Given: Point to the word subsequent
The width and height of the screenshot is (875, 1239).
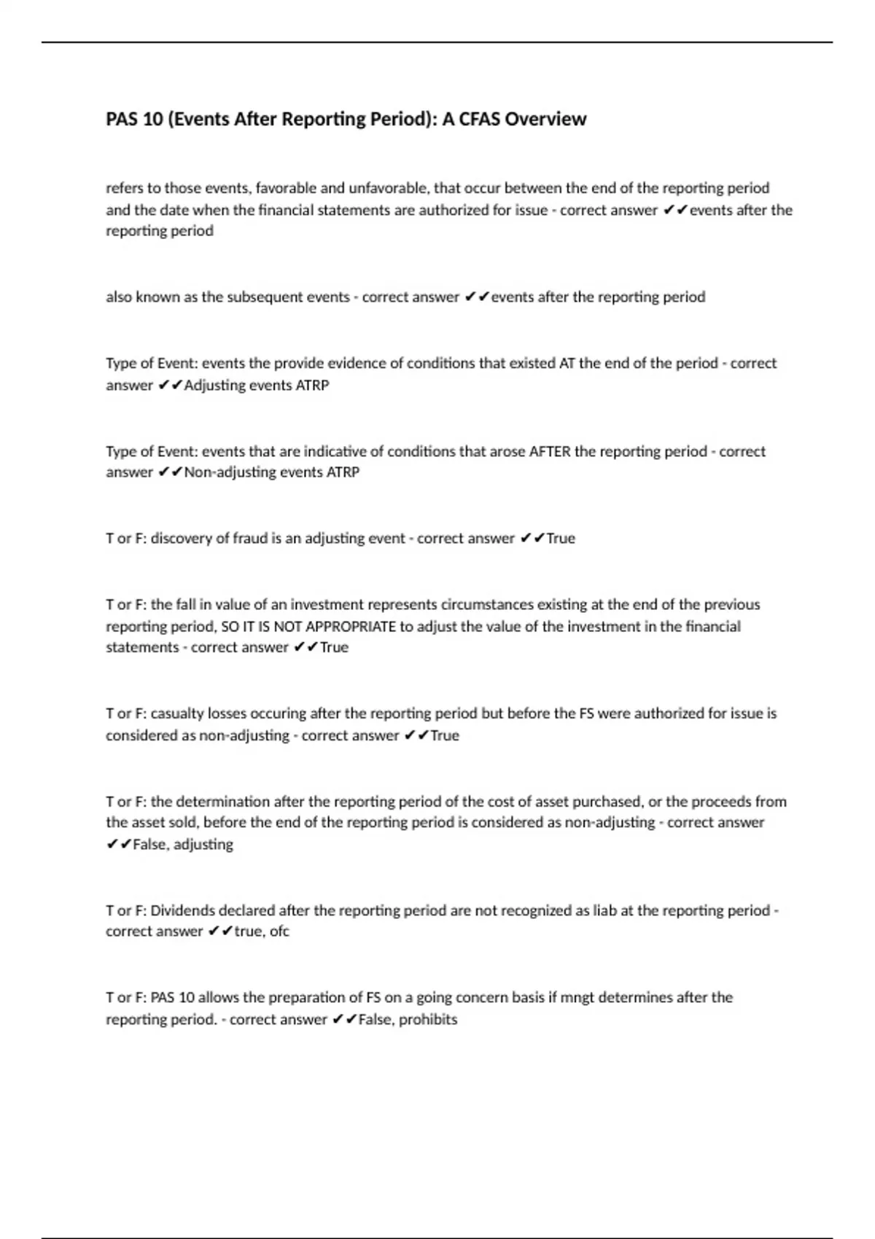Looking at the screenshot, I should pos(278,297).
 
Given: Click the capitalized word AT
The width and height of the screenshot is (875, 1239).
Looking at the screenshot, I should pos(567,363).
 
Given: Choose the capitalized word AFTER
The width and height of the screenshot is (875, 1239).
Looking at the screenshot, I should pos(550,451).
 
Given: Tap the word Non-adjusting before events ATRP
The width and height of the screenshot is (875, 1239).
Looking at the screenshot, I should pos(230,472).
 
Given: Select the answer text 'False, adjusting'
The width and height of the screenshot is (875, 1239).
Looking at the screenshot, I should pos(183,845).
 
